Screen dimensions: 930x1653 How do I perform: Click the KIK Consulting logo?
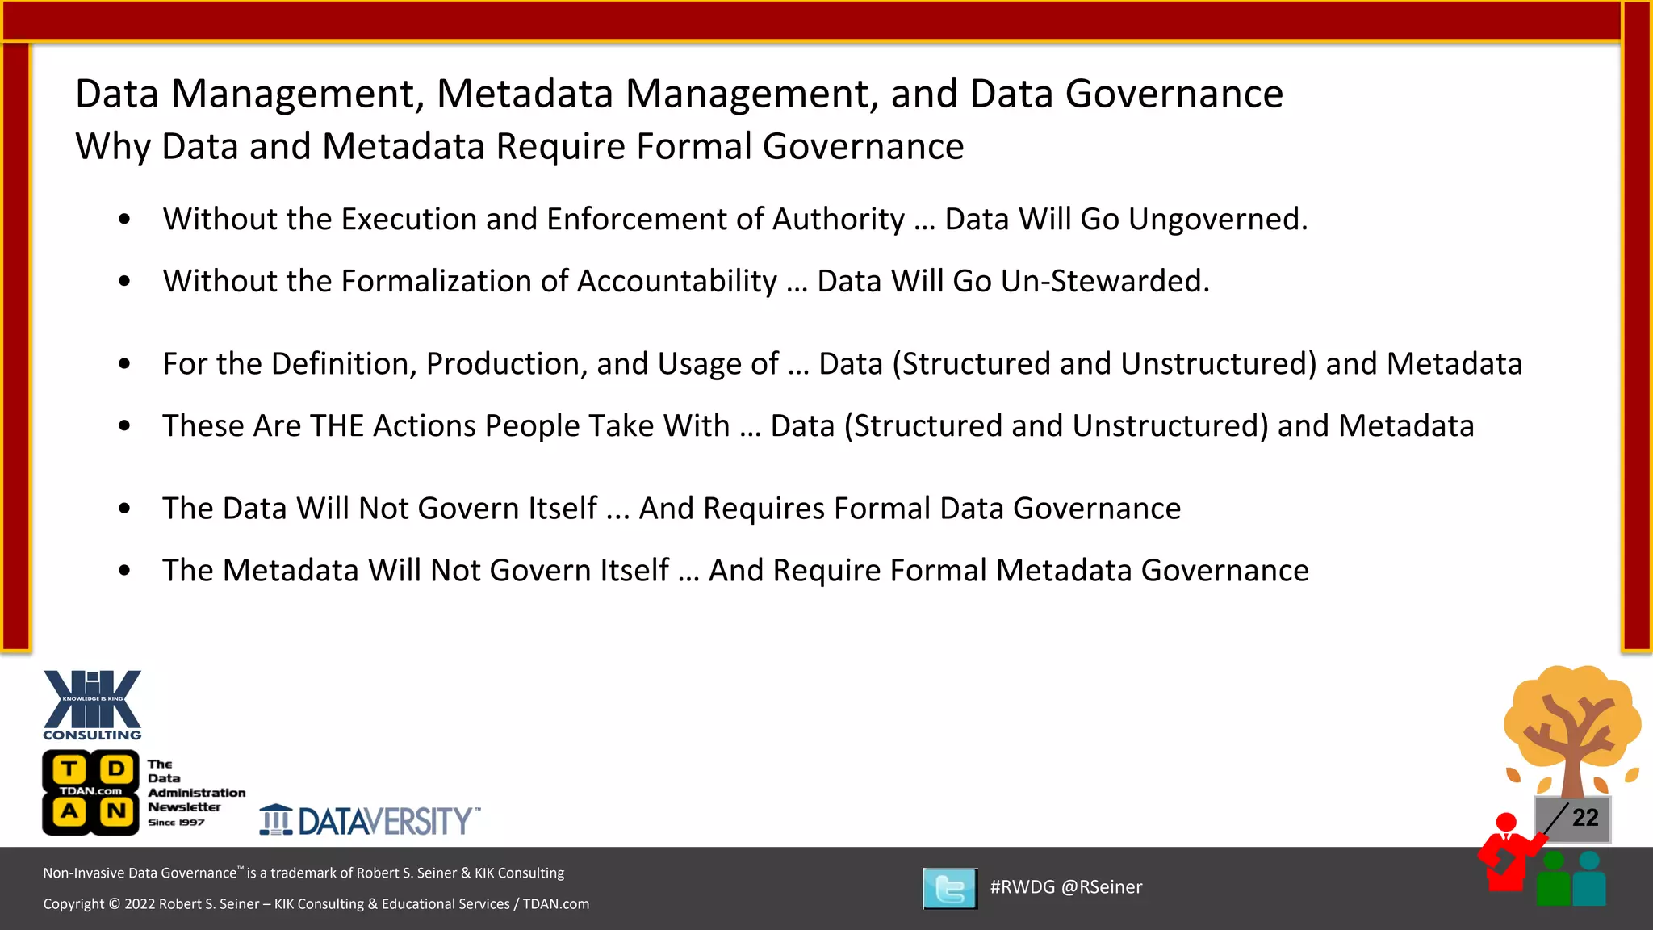click(x=92, y=704)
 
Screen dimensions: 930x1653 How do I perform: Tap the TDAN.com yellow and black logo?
click(x=91, y=792)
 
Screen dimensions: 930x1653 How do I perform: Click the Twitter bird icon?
click(x=950, y=888)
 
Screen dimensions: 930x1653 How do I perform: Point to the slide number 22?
click(x=1585, y=818)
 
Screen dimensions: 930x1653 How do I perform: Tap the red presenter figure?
click(x=1507, y=856)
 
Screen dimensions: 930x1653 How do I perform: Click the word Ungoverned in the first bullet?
click(x=1218, y=220)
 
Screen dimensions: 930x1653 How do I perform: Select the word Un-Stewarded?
click(x=1105, y=282)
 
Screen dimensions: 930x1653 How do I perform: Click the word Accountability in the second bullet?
click(x=677, y=282)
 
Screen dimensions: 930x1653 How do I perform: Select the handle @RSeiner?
click(x=1102, y=887)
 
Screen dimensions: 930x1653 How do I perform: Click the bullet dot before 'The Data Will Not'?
click(x=124, y=509)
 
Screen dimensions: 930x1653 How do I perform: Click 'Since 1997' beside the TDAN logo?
click(x=176, y=823)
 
